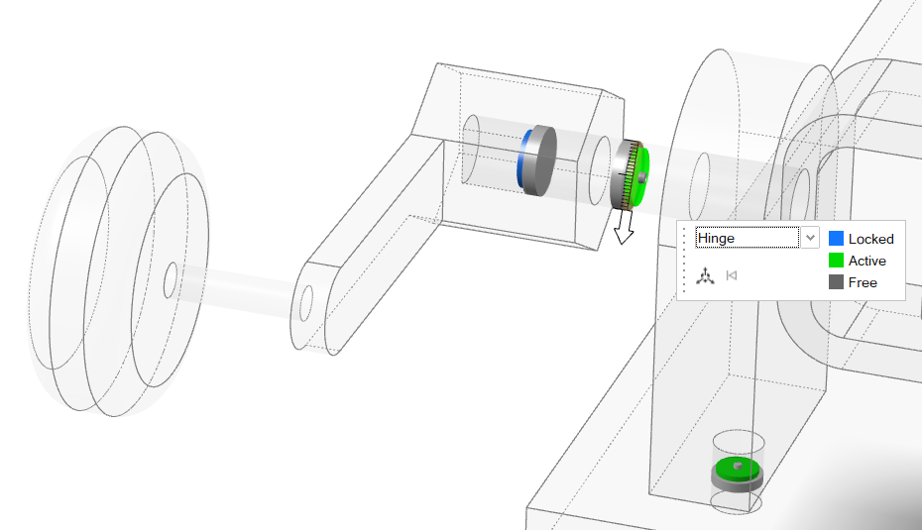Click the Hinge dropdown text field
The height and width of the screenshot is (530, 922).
(747, 238)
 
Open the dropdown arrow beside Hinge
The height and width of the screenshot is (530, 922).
(810, 238)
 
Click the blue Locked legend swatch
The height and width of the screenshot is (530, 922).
(836, 239)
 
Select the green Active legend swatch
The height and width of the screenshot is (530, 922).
(836, 261)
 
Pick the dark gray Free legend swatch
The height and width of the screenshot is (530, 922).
(836, 282)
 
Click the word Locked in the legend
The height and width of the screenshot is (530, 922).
(870, 239)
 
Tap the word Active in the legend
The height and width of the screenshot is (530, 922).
(866, 261)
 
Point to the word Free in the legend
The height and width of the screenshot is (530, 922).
(863, 282)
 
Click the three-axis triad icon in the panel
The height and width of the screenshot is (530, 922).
(705, 275)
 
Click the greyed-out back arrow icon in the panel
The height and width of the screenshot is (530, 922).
(732, 275)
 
